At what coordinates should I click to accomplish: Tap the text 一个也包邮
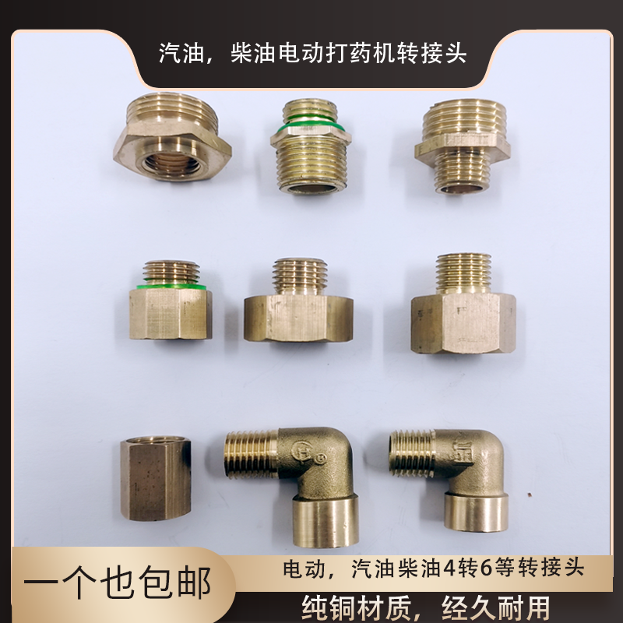[x=117, y=583]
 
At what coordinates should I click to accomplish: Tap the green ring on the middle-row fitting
[x=169, y=286]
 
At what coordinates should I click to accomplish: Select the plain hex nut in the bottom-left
[x=156, y=478]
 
